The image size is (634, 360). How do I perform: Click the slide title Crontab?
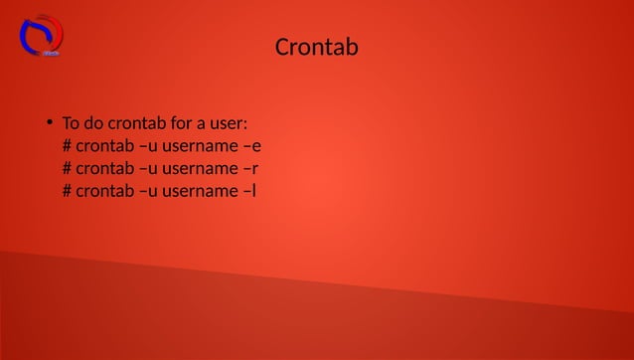[x=316, y=47]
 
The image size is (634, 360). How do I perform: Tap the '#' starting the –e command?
[x=67, y=146]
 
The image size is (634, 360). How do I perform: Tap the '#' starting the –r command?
[x=67, y=168]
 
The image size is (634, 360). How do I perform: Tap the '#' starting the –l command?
[x=67, y=190]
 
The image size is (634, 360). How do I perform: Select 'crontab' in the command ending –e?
[x=105, y=146]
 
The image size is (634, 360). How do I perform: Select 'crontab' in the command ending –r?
[x=105, y=168]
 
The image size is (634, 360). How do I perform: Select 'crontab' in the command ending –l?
[x=105, y=190]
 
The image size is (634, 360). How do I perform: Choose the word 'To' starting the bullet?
[x=72, y=124]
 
